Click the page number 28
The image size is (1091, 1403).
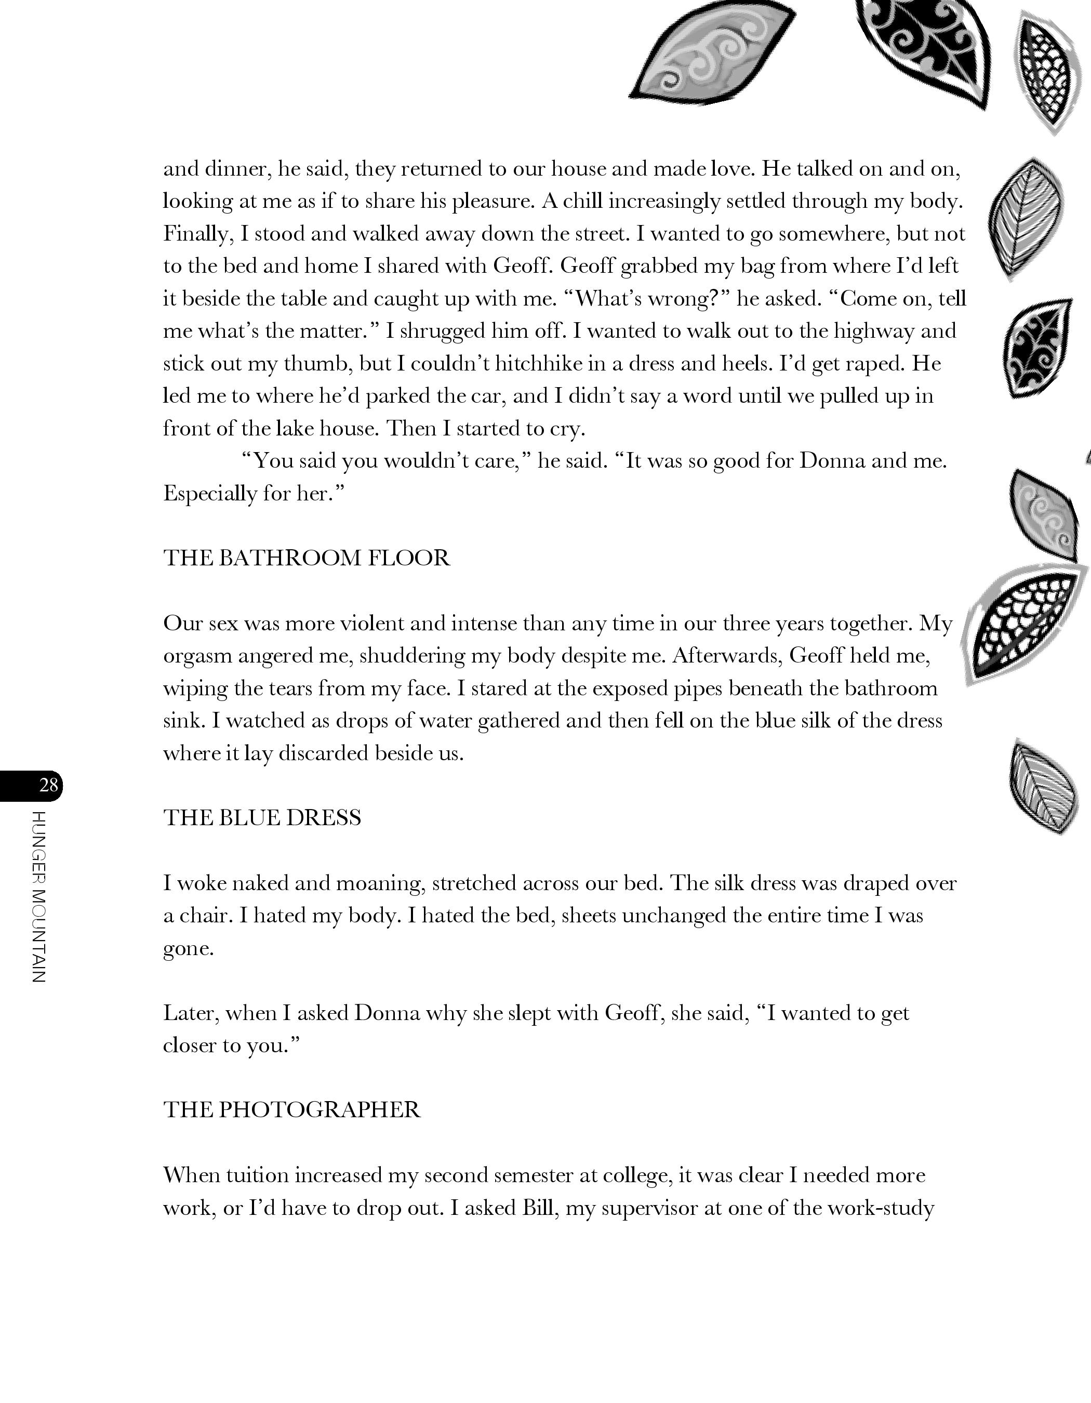48,785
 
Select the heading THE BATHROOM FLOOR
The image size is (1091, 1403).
307,558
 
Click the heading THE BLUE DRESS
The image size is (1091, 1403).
262,817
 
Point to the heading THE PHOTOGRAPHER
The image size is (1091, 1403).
291,1109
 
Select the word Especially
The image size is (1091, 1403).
209,493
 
